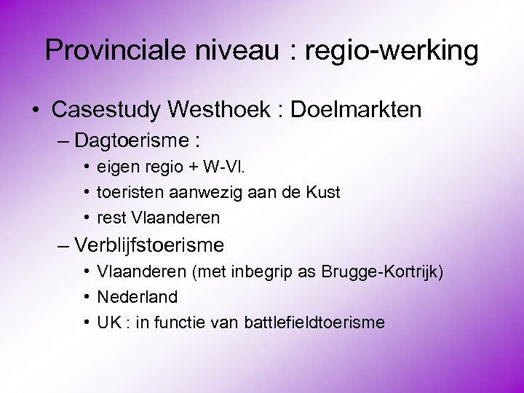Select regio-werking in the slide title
pyautogui.click(x=392, y=50)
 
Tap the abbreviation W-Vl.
pyautogui.click(x=225, y=167)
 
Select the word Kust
pyautogui.click(x=324, y=192)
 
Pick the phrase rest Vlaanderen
pyautogui.click(x=158, y=218)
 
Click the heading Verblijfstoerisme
pyautogui.click(x=149, y=245)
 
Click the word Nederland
pyautogui.click(x=137, y=297)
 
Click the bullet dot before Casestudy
pyautogui.click(x=34, y=111)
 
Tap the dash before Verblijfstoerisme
pyautogui.click(x=63, y=245)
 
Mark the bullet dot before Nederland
pyautogui.click(x=86, y=297)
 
